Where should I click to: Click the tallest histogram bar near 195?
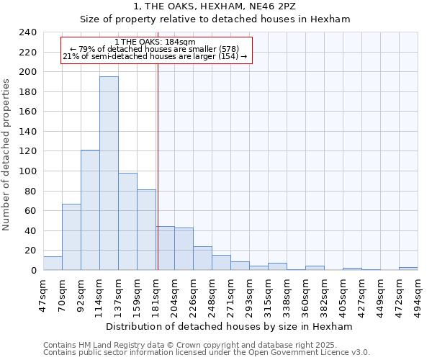click(109, 173)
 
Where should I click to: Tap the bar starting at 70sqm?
click(71, 237)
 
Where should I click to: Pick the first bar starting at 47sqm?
click(53, 264)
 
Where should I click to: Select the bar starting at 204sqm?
click(184, 249)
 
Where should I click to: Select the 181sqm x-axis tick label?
click(156, 292)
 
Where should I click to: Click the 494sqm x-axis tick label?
click(418, 292)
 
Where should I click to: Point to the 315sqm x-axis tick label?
click(269, 292)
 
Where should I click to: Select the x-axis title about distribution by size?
click(229, 326)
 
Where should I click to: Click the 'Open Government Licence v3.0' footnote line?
click(206, 352)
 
